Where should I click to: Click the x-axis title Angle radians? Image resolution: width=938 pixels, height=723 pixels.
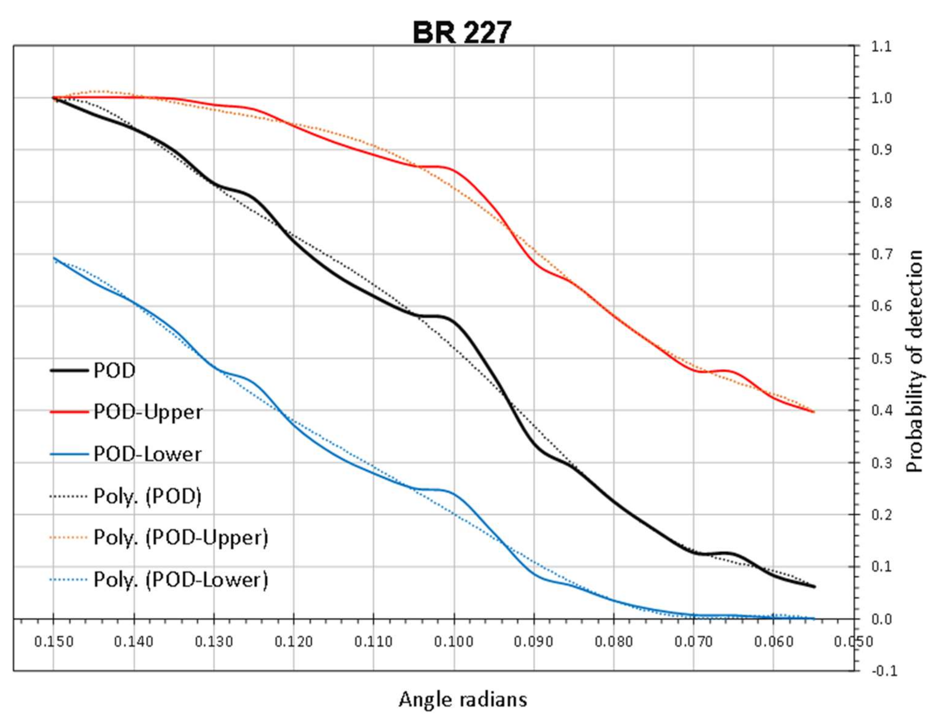pos(463,699)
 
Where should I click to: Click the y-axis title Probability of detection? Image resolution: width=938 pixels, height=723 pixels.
pos(915,361)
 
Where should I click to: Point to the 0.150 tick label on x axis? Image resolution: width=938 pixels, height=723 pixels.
pos(54,642)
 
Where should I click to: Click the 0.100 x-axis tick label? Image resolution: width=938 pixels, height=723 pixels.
pos(454,642)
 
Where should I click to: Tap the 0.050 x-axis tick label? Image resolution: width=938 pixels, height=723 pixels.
pos(853,642)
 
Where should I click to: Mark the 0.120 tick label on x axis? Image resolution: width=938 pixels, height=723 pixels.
pos(294,642)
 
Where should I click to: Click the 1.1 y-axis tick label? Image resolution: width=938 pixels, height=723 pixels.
pos(881,46)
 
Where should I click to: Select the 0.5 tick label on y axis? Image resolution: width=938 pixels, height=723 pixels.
pos(881,358)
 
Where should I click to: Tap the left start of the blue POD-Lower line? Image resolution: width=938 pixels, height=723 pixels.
pos(54,258)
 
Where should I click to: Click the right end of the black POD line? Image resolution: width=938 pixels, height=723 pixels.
pos(814,586)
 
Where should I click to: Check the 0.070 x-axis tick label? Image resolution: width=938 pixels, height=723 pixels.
pos(693,642)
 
